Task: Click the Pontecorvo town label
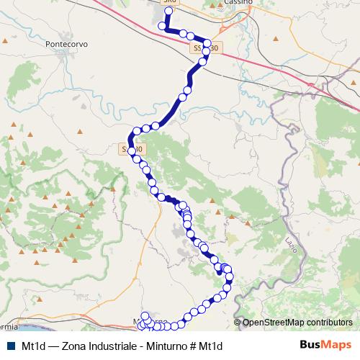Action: pos(66,43)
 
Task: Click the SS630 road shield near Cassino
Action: pos(207,48)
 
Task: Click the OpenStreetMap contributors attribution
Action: pos(297,323)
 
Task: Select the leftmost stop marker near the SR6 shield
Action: pos(161,26)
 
